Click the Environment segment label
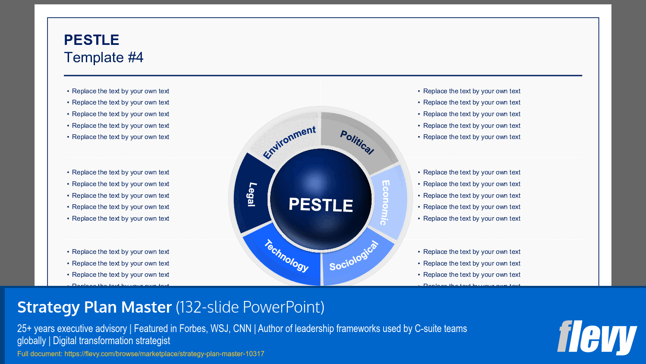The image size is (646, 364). (290, 142)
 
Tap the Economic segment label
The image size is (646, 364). (385, 202)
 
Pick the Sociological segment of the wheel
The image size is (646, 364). (354, 256)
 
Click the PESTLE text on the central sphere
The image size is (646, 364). (321, 204)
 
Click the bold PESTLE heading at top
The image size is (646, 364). (91, 40)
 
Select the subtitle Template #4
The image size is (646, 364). (104, 57)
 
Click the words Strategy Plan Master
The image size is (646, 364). (95, 307)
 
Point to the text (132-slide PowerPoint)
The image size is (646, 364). (250, 307)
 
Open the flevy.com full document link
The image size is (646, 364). (164, 354)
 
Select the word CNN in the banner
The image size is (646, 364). (242, 329)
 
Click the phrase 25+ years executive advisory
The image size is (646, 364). (72, 329)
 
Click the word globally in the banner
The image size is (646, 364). (32, 341)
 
